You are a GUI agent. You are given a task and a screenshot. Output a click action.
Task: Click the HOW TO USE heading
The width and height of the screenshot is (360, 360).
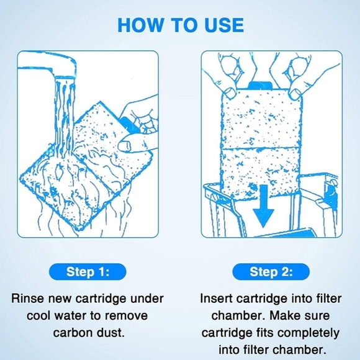coord(181,25)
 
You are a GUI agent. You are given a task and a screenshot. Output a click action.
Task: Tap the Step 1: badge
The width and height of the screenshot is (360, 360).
coord(88,272)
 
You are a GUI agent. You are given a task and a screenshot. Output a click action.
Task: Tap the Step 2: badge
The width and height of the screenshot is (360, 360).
coord(271,272)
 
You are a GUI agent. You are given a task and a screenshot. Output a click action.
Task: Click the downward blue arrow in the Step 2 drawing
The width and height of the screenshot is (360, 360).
coord(263,206)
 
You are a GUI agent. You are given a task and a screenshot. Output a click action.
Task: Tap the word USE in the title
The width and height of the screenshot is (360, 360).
coord(224,25)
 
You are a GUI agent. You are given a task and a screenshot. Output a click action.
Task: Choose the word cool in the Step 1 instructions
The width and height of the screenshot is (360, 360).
coord(38,315)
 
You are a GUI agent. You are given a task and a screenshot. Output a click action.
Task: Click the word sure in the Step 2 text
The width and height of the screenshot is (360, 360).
coord(318,316)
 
